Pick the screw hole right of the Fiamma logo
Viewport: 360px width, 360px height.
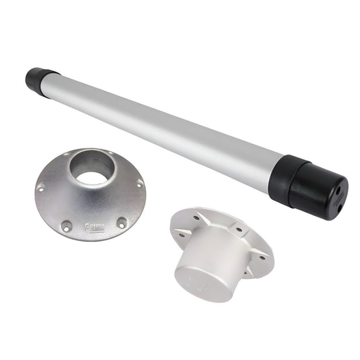tap(122, 222)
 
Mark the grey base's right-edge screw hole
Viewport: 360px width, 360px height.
tap(139, 182)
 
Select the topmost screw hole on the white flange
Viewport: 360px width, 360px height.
tap(197, 217)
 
